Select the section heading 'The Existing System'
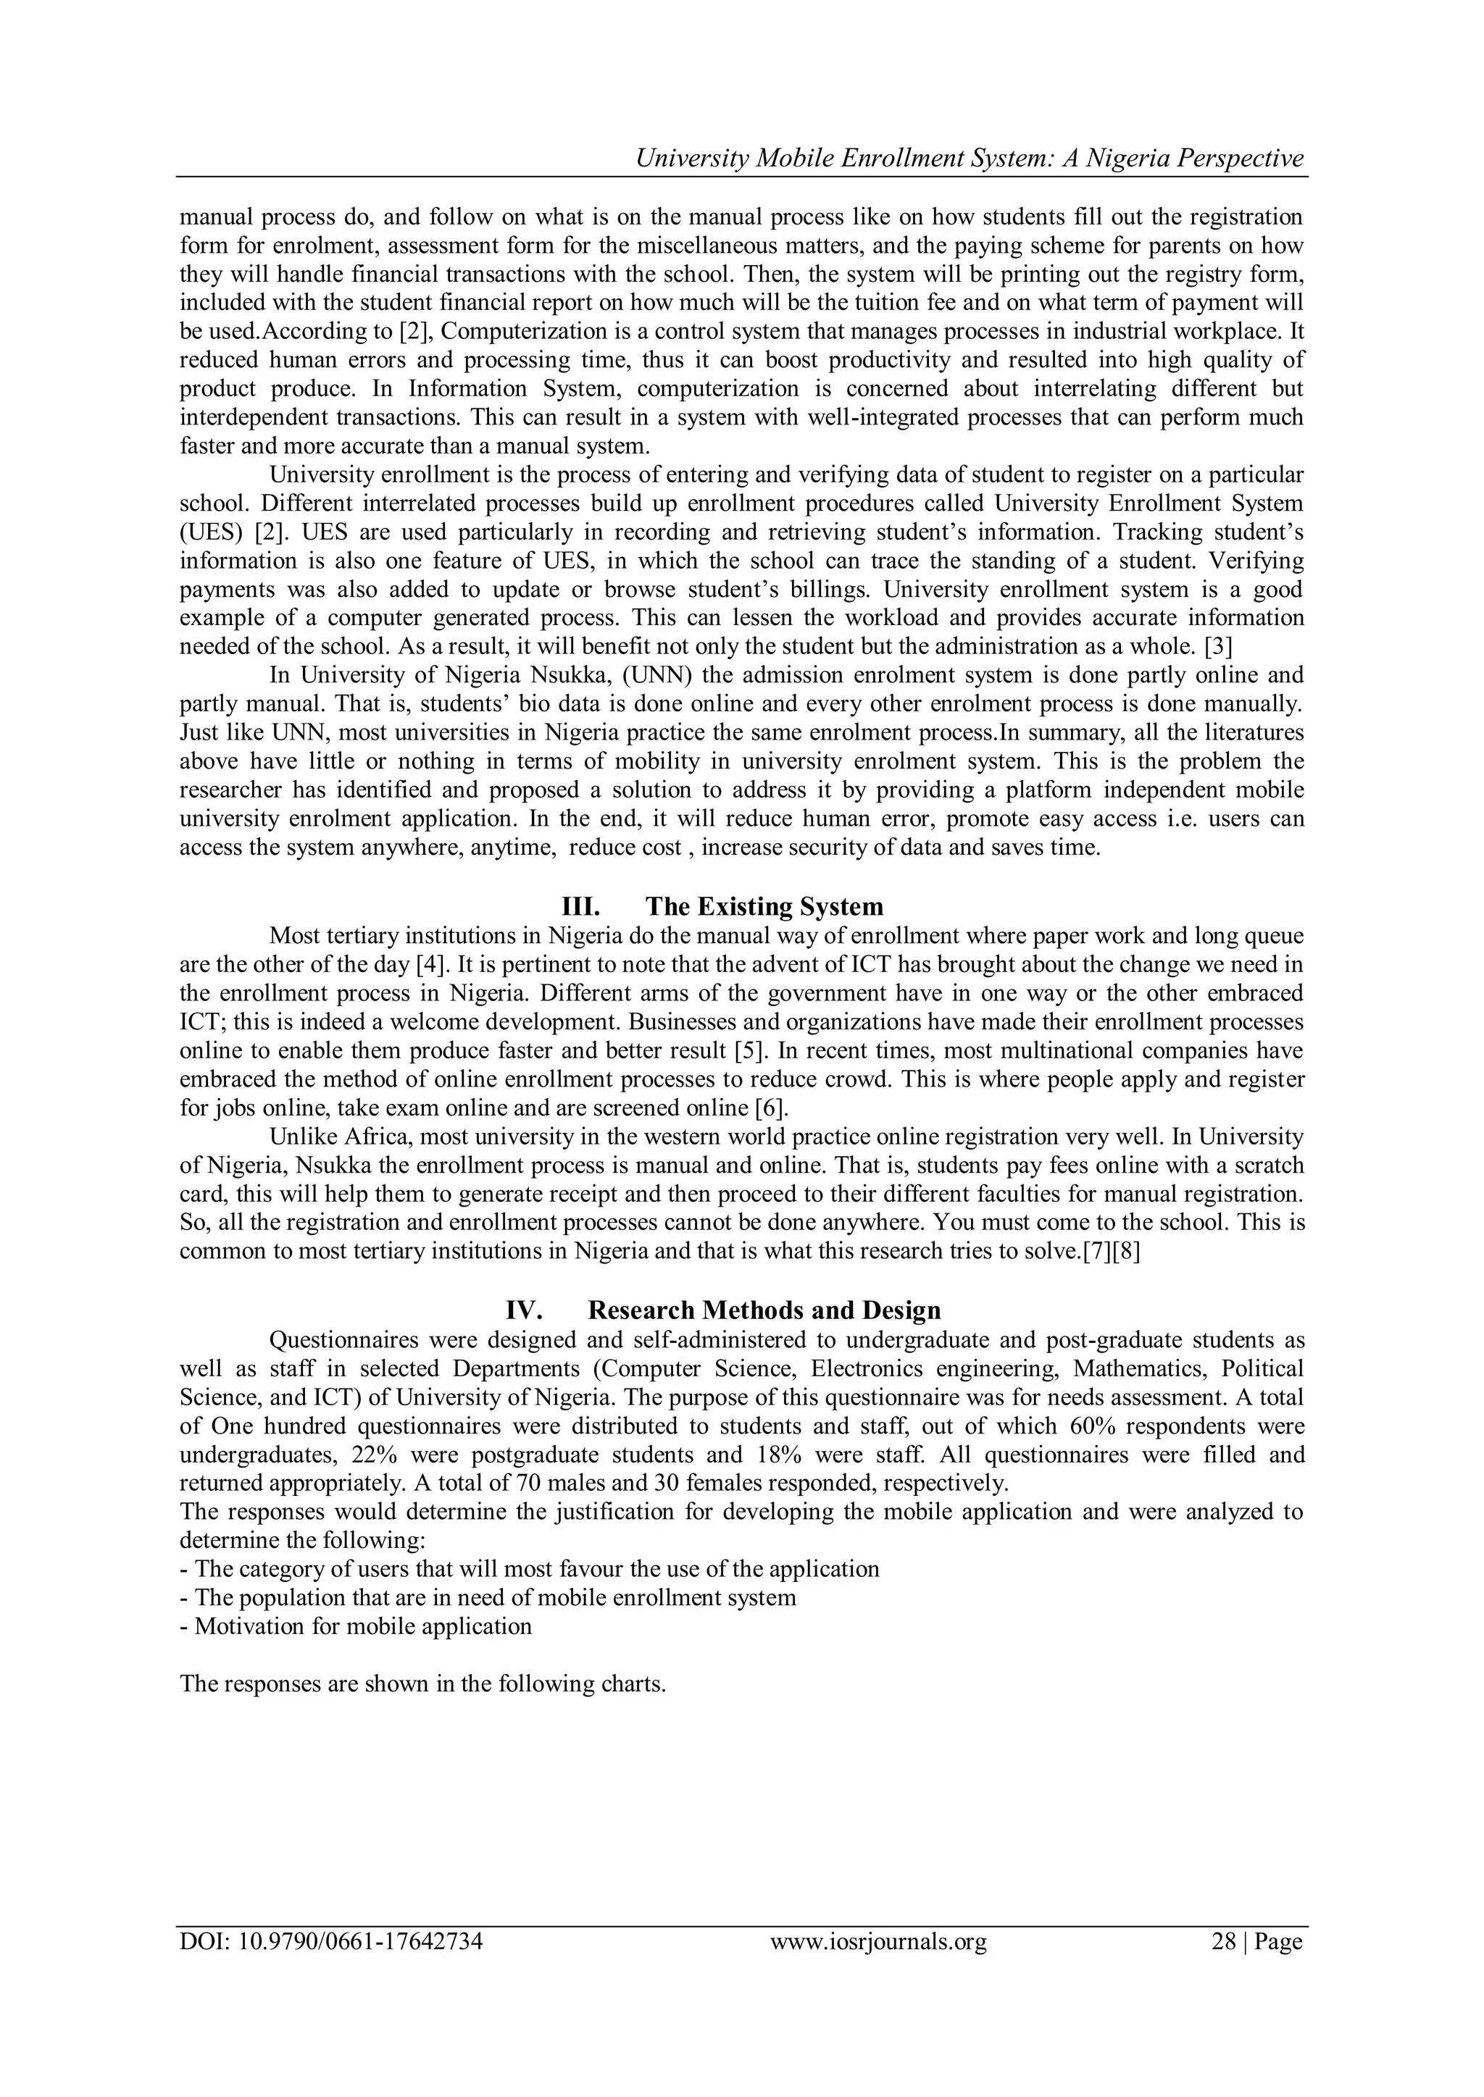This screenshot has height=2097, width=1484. [764, 907]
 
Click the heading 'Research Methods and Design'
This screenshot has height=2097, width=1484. [763, 1310]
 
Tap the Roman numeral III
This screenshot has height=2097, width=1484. [580, 907]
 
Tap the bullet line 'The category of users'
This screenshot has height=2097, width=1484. [529, 1569]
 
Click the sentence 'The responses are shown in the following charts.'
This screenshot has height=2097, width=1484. [422, 1683]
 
